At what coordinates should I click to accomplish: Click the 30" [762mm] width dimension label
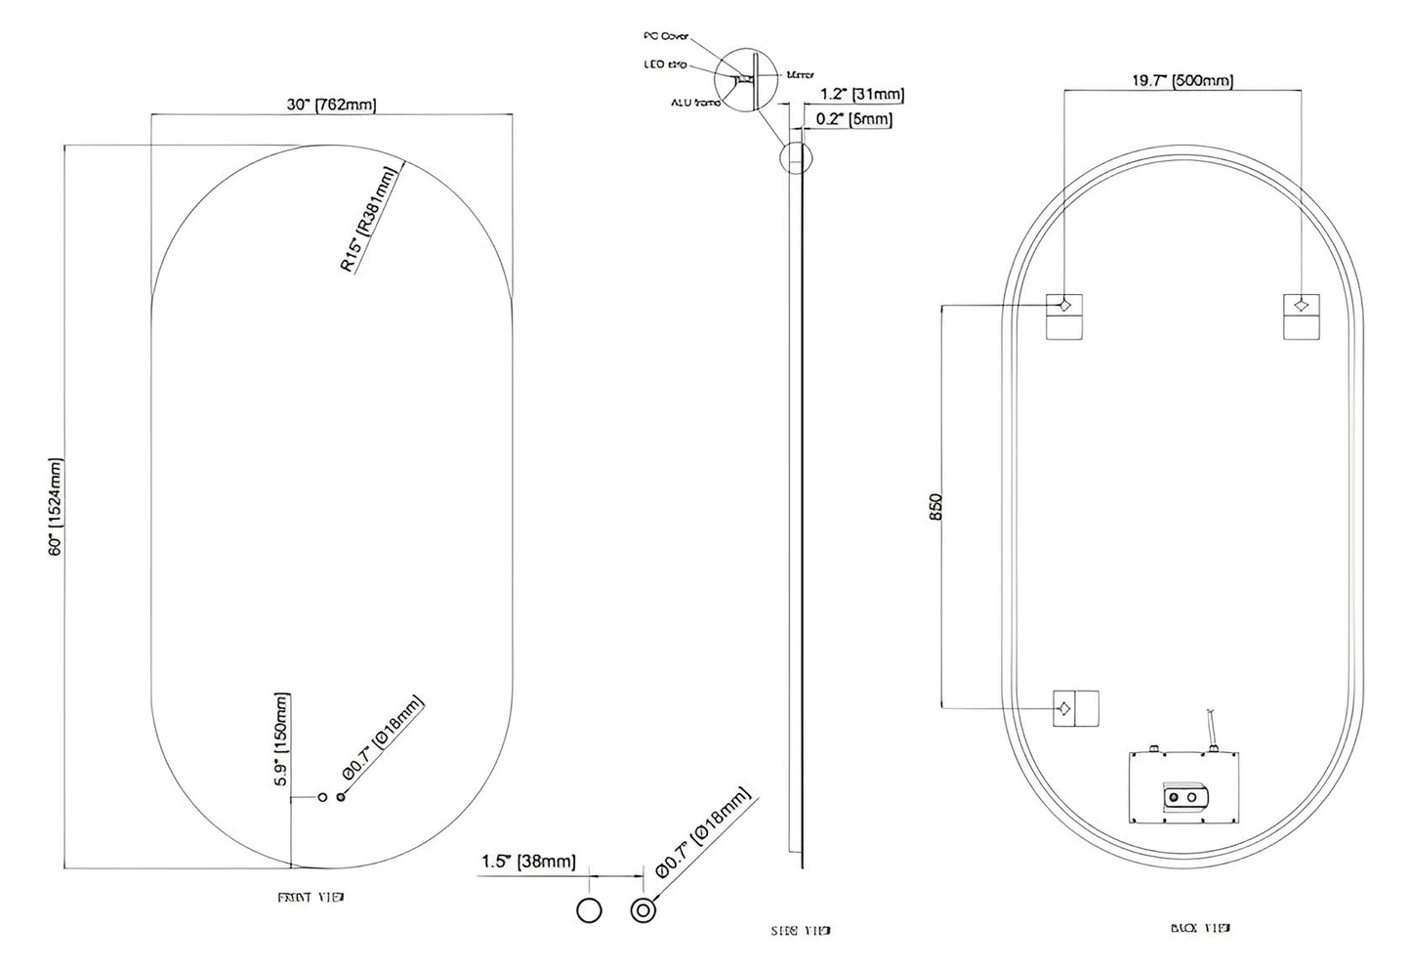click(331, 105)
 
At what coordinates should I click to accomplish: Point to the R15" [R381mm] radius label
click(370, 220)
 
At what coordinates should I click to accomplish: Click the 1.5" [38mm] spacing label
click(528, 862)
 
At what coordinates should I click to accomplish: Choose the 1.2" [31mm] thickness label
click(861, 95)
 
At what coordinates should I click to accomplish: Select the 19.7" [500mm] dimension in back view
click(1182, 80)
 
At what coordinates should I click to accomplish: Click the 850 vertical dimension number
click(935, 505)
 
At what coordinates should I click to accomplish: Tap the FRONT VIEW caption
click(311, 897)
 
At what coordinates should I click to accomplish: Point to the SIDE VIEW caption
click(802, 930)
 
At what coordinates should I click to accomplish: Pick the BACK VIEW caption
click(1200, 927)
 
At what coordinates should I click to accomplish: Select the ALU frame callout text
click(694, 102)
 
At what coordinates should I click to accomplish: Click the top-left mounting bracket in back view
click(1064, 316)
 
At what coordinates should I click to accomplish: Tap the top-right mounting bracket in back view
click(1301, 316)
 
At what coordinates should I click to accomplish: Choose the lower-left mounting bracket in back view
click(1074, 707)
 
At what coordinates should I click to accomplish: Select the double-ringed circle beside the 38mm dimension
click(643, 910)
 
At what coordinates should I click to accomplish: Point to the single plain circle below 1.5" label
click(589, 910)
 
